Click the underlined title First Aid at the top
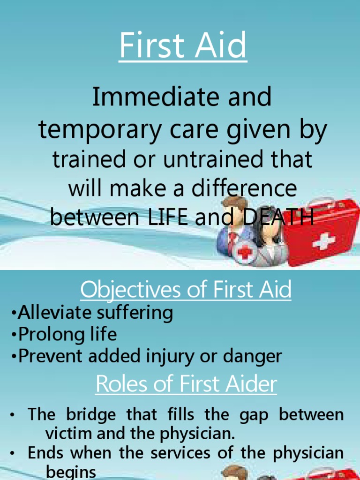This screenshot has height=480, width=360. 183,45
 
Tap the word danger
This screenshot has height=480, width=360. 255,357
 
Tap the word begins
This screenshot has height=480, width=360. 71,471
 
